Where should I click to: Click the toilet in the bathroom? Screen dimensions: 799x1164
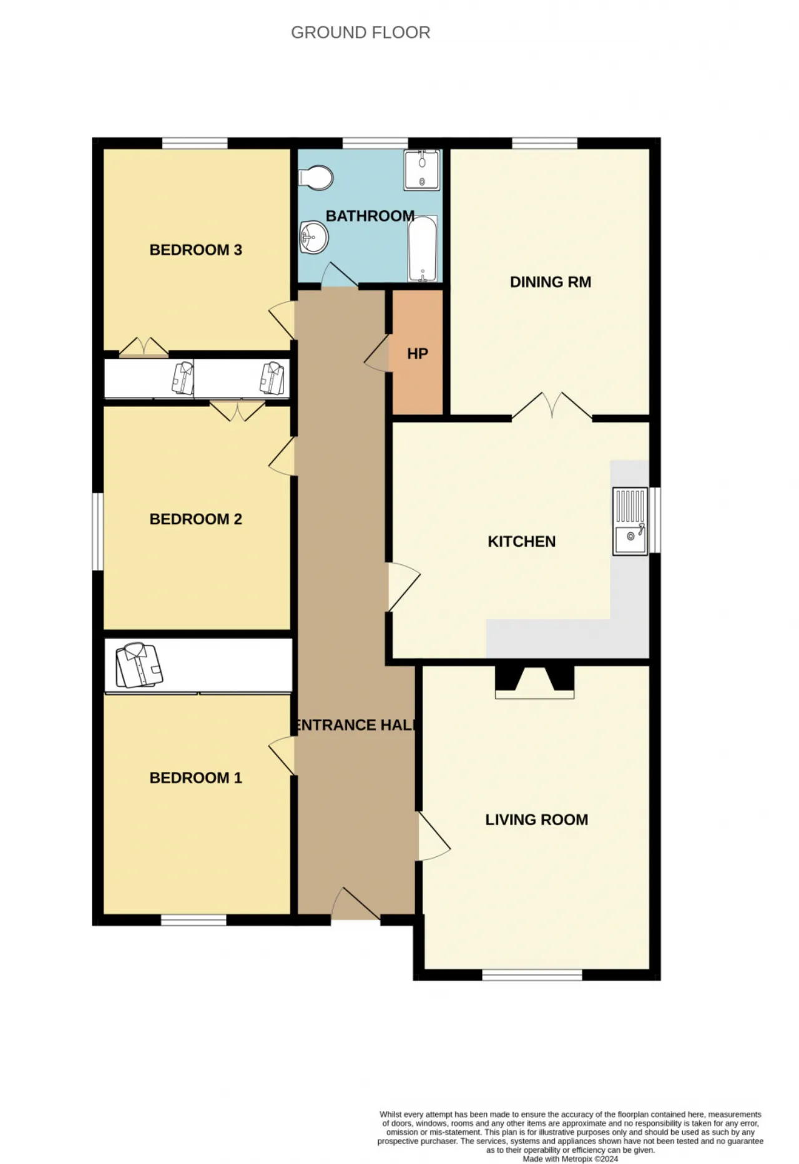pyautogui.click(x=316, y=178)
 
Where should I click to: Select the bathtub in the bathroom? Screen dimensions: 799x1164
pyautogui.click(x=423, y=249)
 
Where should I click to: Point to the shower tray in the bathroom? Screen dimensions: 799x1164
pyautogui.click(x=422, y=170)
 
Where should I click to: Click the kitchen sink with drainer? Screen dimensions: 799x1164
pyautogui.click(x=630, y=521)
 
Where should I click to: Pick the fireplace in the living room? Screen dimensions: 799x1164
pyautogui.click(x=535, y=682)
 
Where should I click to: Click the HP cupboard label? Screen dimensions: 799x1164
pyautogui.click(x=418, y=354)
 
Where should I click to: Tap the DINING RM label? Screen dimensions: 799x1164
pyautogui.click(x=551, y=282)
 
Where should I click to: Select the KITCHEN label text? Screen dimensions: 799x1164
pyautogui.click(x=522, y=541)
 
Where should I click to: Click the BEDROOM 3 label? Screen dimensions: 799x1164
pyautogui.click(x=195, y=250)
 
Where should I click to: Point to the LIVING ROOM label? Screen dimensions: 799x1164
pyautogui.click(x=537, y=819)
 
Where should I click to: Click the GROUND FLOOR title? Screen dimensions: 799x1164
pyautogui.click(x=361, y=32)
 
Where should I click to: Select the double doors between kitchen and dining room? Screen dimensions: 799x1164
pyautogui.click(x=552, y=406)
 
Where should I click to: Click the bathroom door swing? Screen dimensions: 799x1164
pyautogui.click(x=340, y=275)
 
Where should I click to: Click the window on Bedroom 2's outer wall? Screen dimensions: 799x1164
pyautogui.click(x=98, y=532)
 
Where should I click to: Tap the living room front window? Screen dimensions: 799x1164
pyautogui.click(x=532, y=975)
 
